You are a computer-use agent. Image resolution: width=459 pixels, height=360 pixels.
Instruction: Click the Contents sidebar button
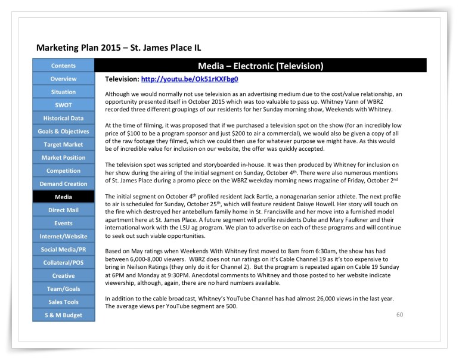pyautogui.click(x=63, y=66)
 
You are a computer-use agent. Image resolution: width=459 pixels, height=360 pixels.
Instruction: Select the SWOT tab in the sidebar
pyautogui.click(x=63, y=105)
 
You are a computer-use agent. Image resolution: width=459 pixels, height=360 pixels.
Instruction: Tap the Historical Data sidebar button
pyautogui.click(x=63, y=118)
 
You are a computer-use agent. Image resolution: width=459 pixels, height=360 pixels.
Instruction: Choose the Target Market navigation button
pyautogui.click(x=63, y=144)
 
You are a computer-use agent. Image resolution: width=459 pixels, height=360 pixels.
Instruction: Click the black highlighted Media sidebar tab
pyautogui.click(x=63, y=197)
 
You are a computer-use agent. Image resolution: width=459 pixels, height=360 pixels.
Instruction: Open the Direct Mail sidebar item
pyautogui.click(x=63, y=210)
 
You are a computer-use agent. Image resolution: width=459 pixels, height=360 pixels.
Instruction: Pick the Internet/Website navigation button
pyautogui.click(x=63, y=236)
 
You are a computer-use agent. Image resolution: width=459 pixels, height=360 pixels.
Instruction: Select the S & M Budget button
pyautogui.click(x=63, y=315)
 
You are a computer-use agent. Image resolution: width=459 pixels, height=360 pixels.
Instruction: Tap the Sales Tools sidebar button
pyautogui.click(x=63, y=302)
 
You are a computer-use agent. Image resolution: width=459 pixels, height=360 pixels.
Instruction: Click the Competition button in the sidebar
pyautogui.click(x=63, y=170)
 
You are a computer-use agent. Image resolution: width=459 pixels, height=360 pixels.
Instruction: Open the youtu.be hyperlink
pyautogui.click(x=190, y=79)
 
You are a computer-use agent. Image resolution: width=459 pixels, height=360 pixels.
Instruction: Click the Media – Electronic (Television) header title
pyautogui.click(x=260, y=66)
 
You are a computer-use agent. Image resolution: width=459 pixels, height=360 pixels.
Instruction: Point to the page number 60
pyautogui.click(x=400, y=314)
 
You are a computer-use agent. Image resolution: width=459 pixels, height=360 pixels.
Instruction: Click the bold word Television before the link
pyautogui.click(x=121, y=79)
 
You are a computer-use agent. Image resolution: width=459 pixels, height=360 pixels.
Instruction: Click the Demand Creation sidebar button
pyautogui.click(x=63, y=184)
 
